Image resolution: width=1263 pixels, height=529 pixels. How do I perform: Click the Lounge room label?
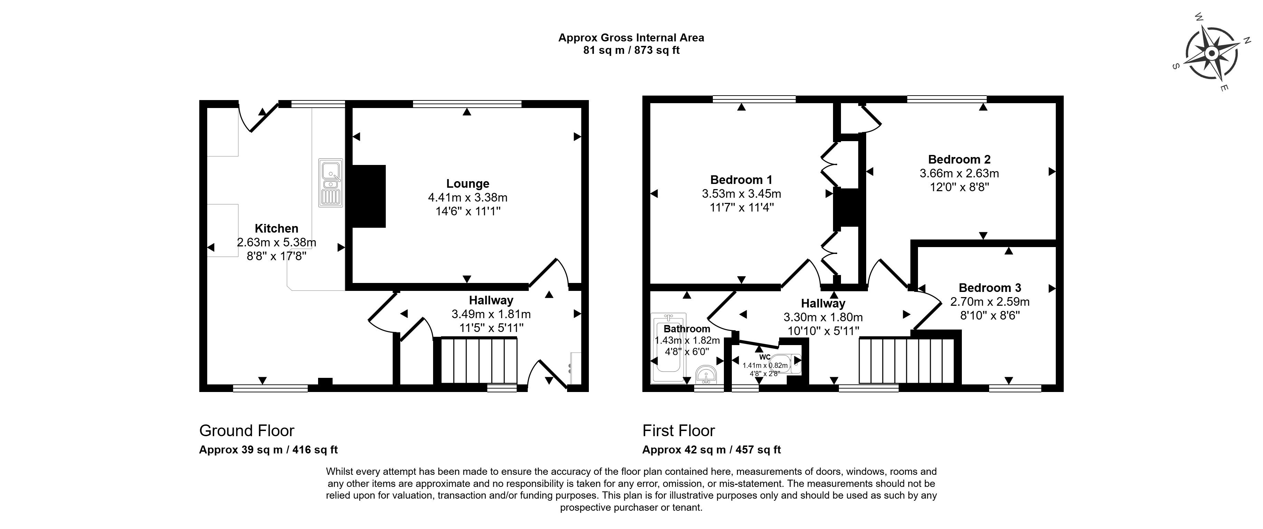tap(468, 184)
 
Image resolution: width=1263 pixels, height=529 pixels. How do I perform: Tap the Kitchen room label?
tap(277, 228)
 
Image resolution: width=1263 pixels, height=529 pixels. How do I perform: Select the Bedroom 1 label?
tap(741, 180)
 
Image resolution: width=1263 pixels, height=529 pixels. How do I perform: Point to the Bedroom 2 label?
tap(959, 159)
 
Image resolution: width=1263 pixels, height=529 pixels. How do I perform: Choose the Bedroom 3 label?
tap(990, 287)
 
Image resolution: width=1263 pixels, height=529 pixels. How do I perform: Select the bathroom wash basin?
tap(706, 375)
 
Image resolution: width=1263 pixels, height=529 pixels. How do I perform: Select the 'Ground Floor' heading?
tap(247, 431)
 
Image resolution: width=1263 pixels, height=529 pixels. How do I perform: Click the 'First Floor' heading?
tap(679, 431)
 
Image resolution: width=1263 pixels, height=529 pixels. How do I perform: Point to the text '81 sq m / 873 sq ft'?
tap(631, 50)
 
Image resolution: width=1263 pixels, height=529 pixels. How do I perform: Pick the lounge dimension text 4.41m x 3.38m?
tap(468, 197)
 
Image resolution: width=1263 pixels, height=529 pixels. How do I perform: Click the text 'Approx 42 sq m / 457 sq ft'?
tap(711, 450)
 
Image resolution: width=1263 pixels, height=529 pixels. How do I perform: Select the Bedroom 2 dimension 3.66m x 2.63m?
tap(959, 173)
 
